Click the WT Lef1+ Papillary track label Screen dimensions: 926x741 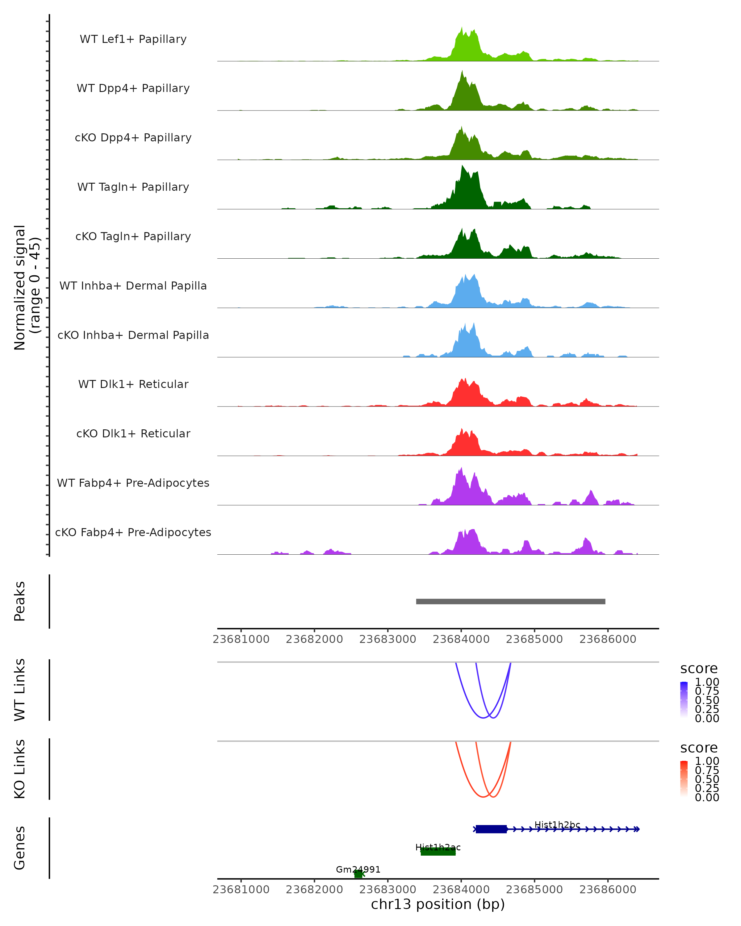[x=133, y=40]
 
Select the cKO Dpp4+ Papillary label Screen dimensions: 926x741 [x=133, y=138]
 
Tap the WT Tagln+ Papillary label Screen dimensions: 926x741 [x=133, y=187]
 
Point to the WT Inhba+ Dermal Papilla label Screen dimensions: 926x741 [x=133, y=286]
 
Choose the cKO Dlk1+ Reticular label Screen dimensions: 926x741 [x=133, y=434]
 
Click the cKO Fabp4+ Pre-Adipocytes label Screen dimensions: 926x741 [x=133, y=532]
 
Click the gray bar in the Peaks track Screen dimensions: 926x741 [x=510, y=602]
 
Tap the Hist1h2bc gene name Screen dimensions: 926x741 [x=557, y=825]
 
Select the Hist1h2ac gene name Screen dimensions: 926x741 [x=438, y=847]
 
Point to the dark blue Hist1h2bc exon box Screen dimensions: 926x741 [x=491, y=829]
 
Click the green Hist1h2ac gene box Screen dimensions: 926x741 [x=438, y=852]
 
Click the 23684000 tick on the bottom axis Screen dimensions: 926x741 [x=461, y=890]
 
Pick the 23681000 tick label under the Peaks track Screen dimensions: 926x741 [x=241, y=640]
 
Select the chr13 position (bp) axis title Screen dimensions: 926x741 [x=438, y=904]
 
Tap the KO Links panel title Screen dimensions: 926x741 [x=20, y=769]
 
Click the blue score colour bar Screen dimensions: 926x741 [x=684, y=700]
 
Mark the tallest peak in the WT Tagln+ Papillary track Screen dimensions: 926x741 [x=462, y=167]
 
